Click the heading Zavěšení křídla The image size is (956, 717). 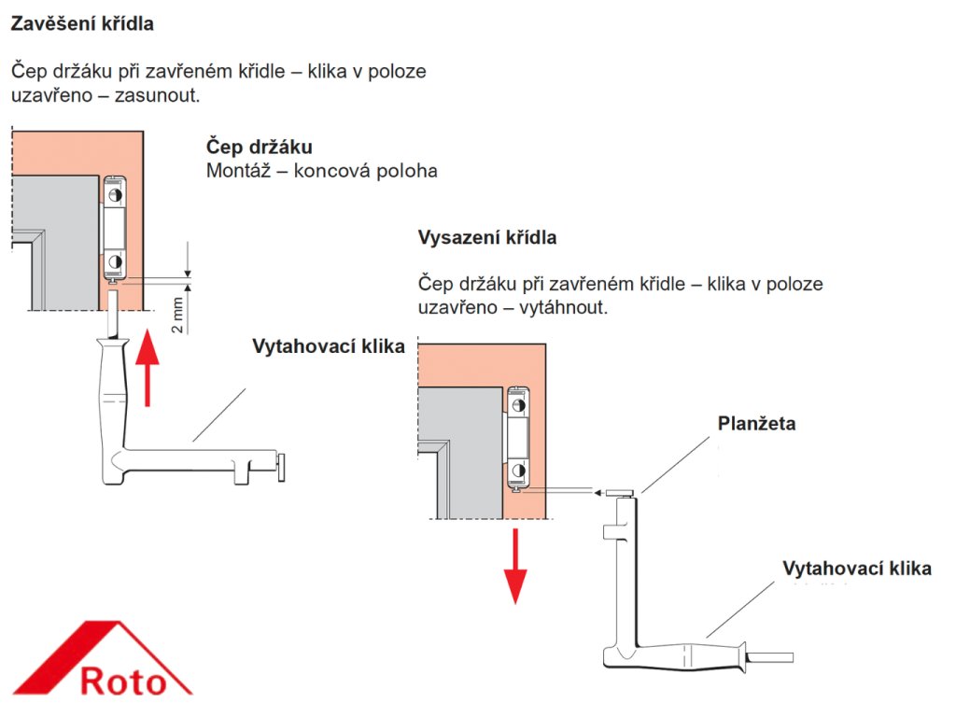click(x=82, y=25)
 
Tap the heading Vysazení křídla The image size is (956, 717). click(x=487, y=238)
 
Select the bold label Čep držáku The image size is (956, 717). click(x=259, y=148)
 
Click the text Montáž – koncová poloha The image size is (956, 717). click(x=321, y=171)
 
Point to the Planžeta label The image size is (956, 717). click(x=756, y=424)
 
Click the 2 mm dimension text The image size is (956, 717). click(x=177, y=316)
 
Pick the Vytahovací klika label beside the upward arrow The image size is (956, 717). click(x=328, y=346)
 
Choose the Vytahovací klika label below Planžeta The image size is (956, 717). click(x=856, y=569)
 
